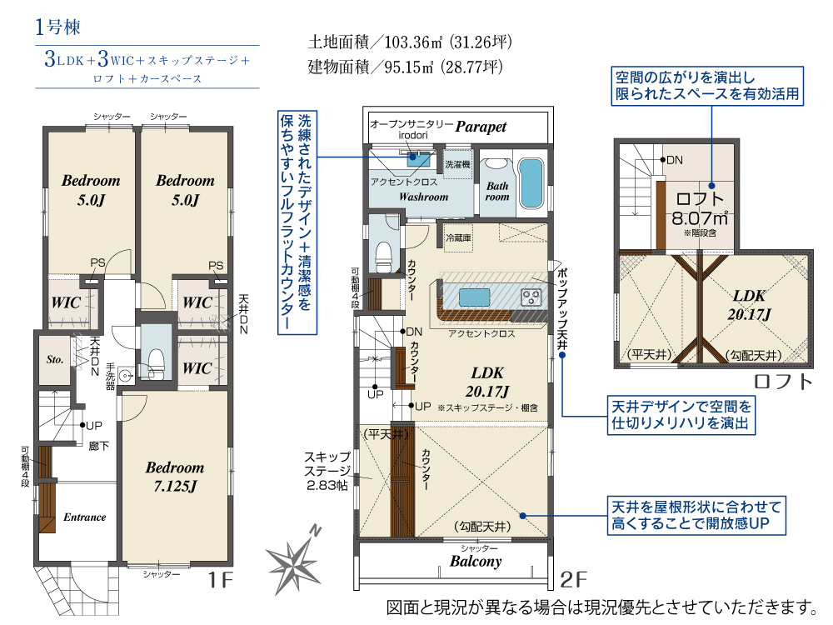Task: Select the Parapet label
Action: (x=481, y=127)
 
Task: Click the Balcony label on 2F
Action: (x=476, y=561)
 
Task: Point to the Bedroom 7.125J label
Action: (x=175, y=477)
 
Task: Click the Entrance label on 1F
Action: (x=84, y=517)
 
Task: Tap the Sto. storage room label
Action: (x=55, y=359)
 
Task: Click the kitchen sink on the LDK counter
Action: (x=475, y=297)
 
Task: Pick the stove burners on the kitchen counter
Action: (x=531, y=297)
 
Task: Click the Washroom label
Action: (x=423, y=197)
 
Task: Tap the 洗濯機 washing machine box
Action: (x=457, y=165)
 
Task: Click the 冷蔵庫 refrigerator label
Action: (x=458, y=237)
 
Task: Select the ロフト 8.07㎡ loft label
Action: (x=700, y=208)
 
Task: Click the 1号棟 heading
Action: (x=58, y=27)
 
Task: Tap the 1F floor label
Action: (x=220, y=580)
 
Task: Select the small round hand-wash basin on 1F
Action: (x=126, y=375)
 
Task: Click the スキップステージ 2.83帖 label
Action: (x=327, y=471)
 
